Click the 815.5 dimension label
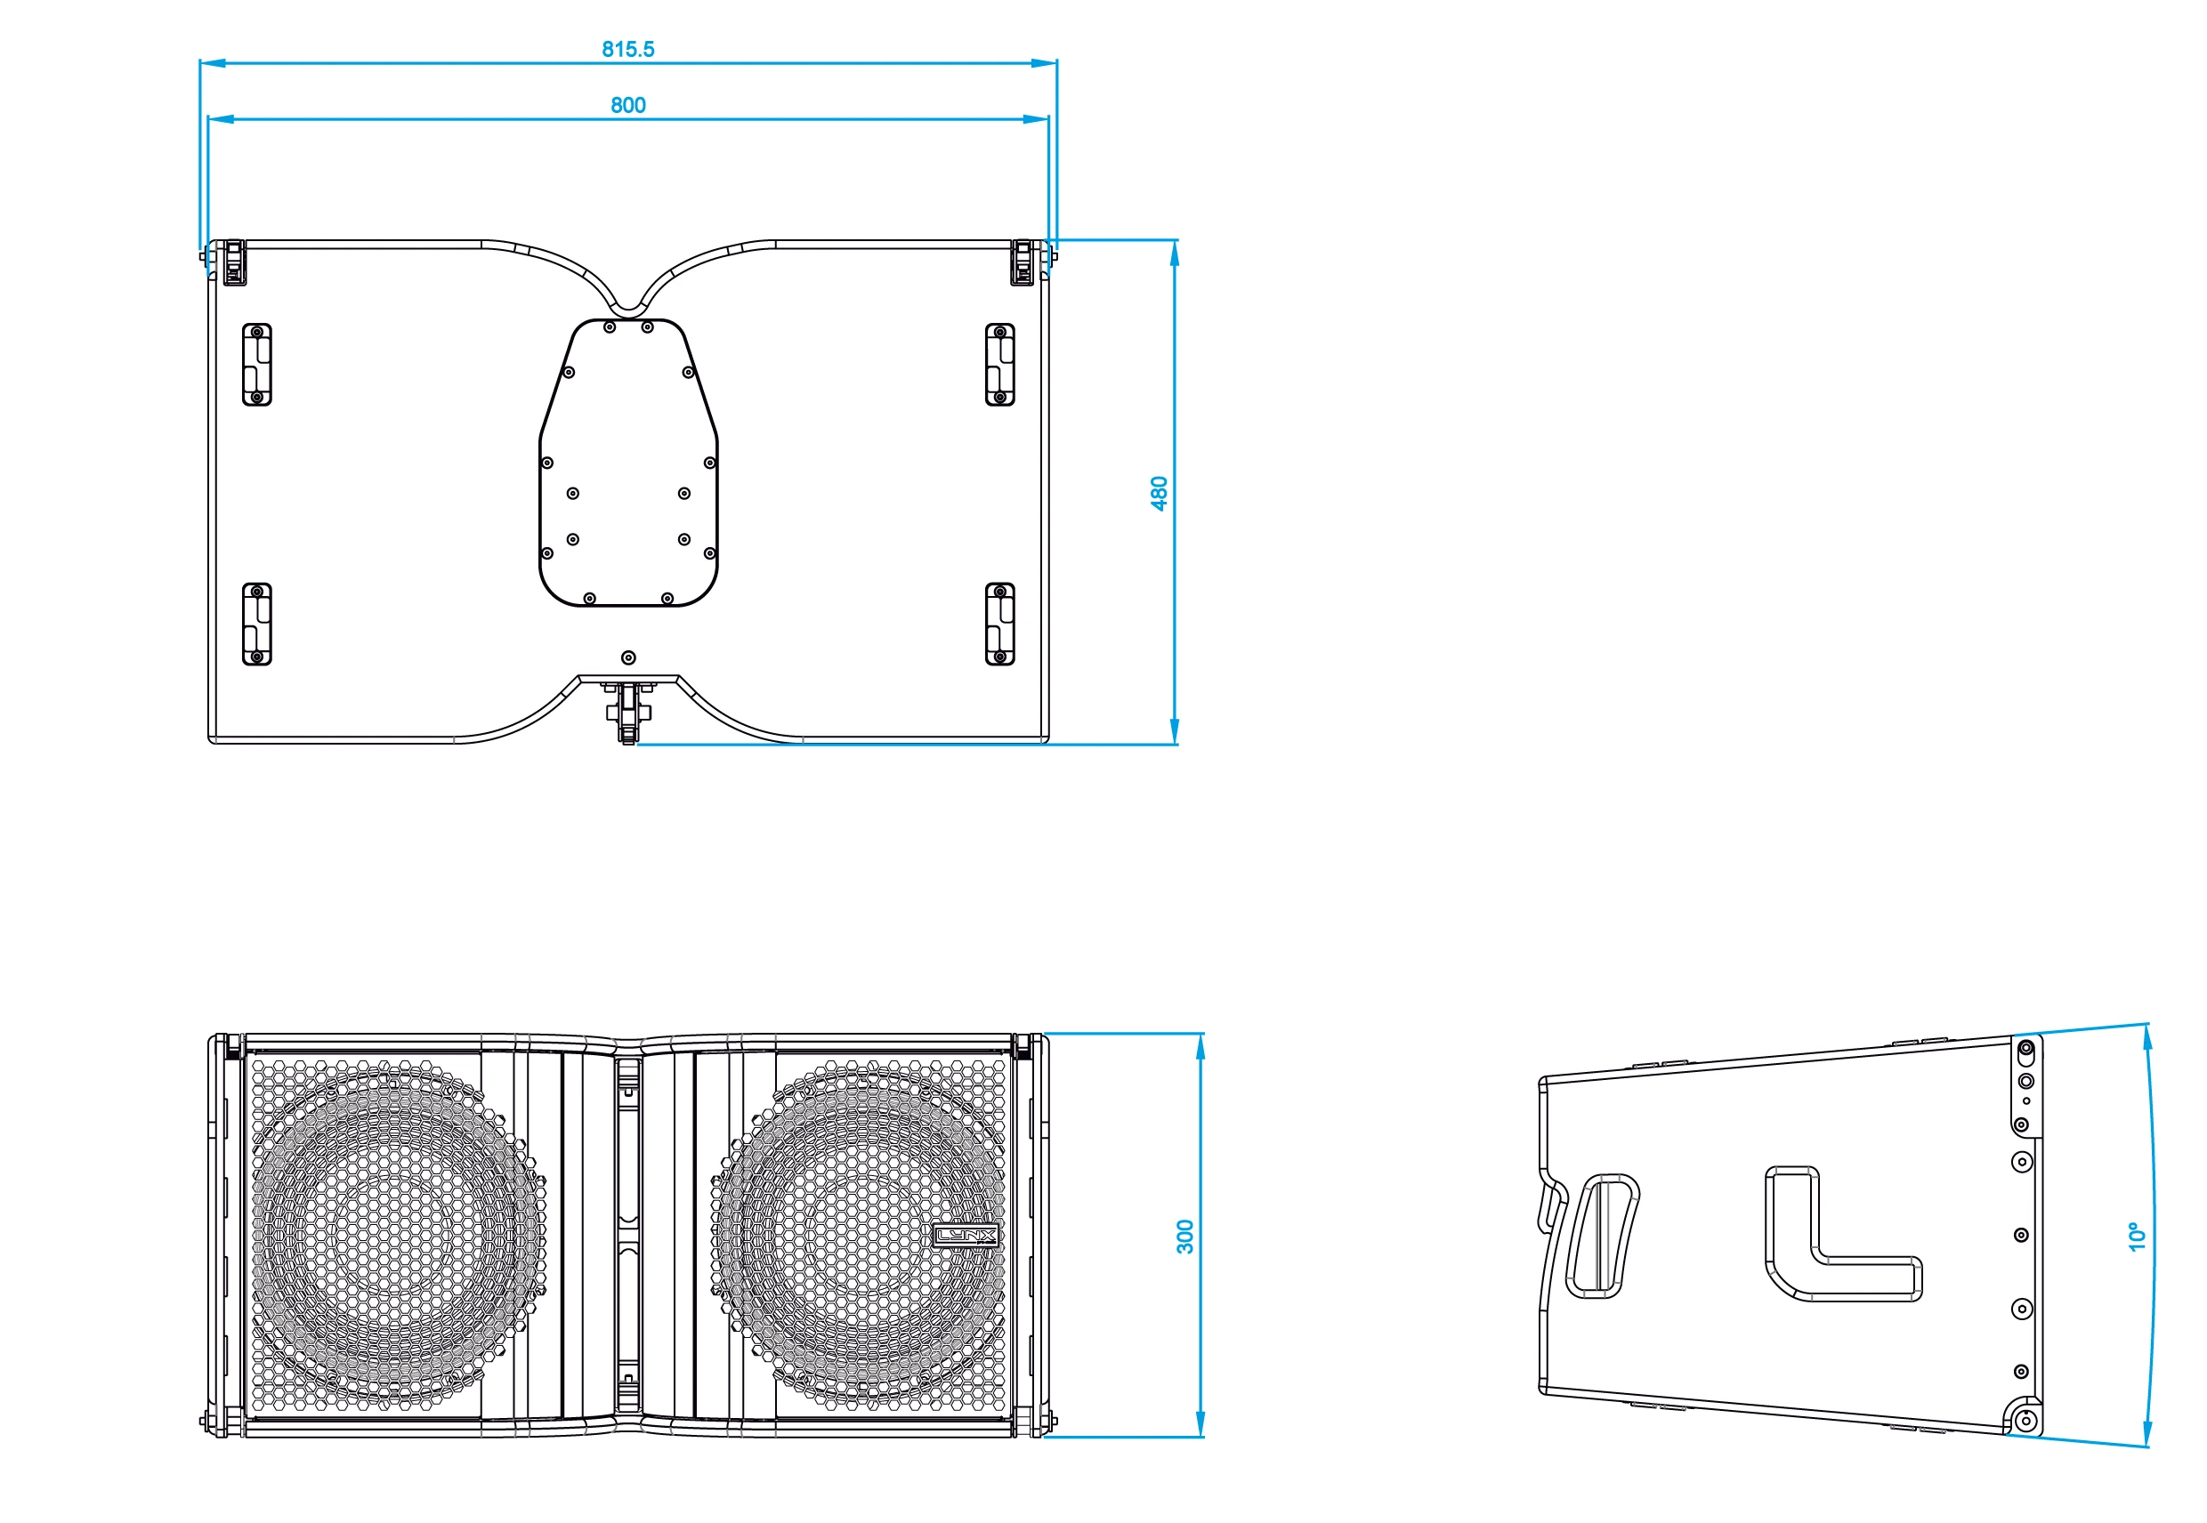coord(627,49)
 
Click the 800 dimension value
coord(628,105)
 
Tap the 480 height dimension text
coord(1159,494)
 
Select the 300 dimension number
coord(1184,1237)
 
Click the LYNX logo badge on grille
coord(965,1236)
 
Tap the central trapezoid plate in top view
coord(628,463)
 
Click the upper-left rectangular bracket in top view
coord(257,365)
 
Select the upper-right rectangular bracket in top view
coord(999,365)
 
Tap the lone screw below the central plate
coord(628,657)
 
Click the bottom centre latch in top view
coord(628,712)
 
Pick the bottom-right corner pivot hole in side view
coord(2026,1422)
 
